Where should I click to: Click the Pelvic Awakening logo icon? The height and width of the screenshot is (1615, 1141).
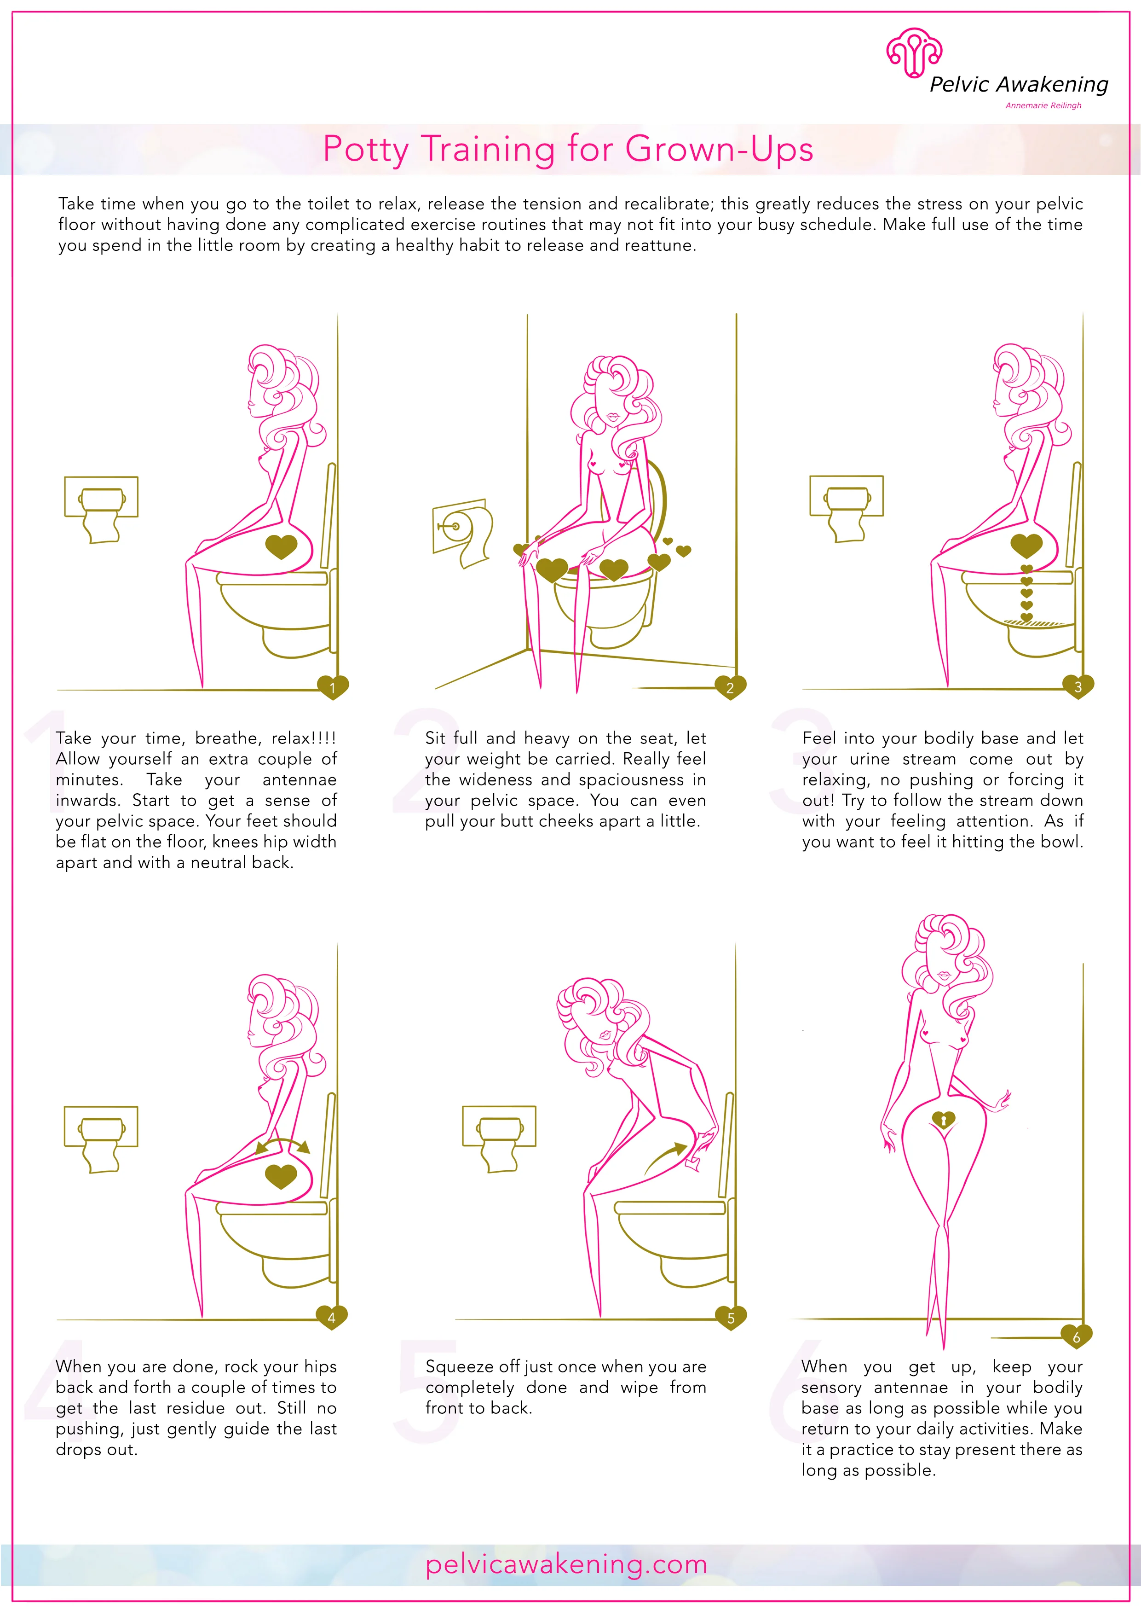913,53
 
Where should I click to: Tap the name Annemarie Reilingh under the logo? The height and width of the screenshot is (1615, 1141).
1043,105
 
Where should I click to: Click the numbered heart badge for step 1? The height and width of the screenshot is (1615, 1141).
333,686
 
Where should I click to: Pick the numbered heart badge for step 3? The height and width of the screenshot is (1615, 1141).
1078,686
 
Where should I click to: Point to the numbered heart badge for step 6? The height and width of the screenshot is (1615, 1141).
1076,1336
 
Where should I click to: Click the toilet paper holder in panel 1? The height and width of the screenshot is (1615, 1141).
101,508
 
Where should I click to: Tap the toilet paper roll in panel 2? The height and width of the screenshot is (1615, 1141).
471,534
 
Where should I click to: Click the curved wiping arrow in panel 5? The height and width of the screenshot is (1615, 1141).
665,1161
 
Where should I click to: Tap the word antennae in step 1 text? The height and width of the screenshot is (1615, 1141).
300,779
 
